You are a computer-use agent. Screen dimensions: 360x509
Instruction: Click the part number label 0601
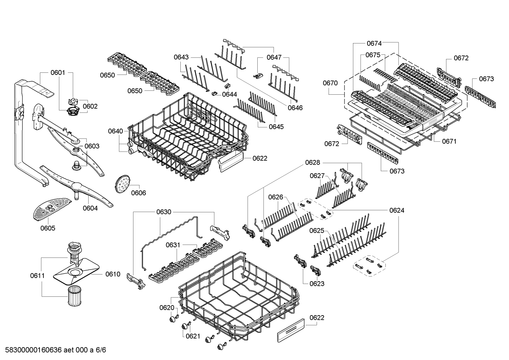58,73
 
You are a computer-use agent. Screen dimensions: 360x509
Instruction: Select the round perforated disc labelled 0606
122,184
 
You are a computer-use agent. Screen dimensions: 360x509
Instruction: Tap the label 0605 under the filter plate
48,228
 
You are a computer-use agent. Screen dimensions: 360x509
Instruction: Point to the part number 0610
113,274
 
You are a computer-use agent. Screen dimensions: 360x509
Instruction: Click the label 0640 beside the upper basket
115,131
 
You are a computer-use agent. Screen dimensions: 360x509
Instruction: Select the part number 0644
230,94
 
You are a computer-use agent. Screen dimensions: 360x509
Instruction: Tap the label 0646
295,108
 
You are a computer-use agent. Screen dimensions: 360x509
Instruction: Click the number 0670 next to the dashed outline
330,83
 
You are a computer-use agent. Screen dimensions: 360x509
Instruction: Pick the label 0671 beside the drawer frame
449,141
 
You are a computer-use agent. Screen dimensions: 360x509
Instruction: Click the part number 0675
372,55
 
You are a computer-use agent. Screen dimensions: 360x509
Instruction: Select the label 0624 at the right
397,210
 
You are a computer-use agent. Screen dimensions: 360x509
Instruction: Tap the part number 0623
317,283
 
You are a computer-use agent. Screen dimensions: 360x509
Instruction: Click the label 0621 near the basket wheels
193,336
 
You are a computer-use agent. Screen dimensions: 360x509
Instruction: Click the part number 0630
164,212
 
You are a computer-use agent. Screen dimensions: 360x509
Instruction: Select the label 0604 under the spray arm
90,208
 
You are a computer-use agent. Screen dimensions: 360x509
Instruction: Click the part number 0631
173,245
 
